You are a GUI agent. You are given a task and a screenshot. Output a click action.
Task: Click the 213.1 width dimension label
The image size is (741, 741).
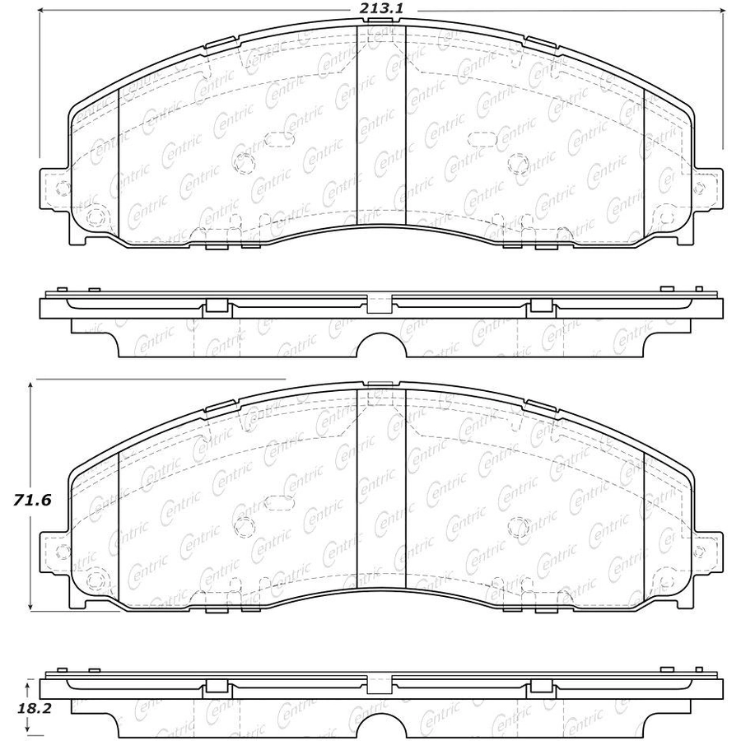click(381, 8)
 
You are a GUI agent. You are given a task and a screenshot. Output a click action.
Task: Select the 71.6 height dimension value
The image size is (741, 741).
click(31, 500)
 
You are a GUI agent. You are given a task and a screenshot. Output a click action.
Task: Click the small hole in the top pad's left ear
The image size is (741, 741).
click(62, 188)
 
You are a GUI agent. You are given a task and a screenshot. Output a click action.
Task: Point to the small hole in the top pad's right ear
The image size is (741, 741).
click(699, 188)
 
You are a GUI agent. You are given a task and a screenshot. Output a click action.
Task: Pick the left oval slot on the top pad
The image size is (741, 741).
click(279, 138)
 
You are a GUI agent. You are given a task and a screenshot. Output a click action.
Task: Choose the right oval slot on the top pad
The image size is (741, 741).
click(482, 138)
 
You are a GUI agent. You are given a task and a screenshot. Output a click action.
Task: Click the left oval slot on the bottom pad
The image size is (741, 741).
click(279, 503)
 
